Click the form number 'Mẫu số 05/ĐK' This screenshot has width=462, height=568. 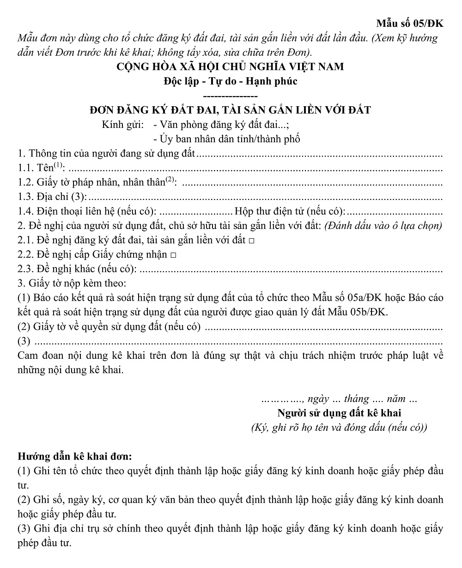(410, 24)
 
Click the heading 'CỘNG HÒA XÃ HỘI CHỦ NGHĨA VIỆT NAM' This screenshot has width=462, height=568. (230, 66)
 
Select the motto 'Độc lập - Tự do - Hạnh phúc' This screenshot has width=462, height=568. (230, 81)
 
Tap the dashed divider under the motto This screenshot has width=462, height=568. (230, 96)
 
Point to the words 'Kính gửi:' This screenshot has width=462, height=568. (122, 125)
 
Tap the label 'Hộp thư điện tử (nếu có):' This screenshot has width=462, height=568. (290, 212)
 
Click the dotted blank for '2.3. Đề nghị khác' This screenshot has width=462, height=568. (291, 270)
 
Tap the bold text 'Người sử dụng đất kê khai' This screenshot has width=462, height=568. (339, 413)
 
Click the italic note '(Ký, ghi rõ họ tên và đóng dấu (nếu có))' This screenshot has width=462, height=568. (339, 428)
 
